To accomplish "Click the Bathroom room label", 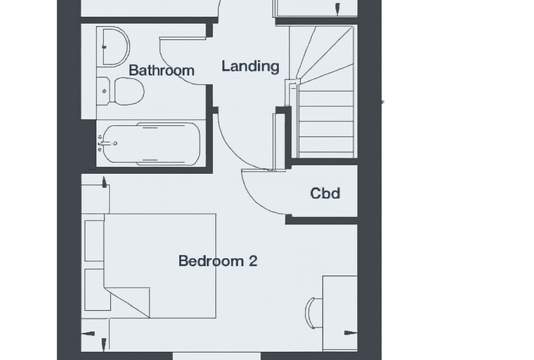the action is [x=162, y=70].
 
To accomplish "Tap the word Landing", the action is [x=250, y=67].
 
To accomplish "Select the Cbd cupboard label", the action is [x=325, y=193].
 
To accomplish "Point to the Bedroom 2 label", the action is [x=218, y=261].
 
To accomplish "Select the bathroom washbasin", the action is [x=116, y=46].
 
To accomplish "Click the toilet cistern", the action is [x=103, y=91].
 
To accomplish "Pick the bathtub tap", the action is [x=108, y=143].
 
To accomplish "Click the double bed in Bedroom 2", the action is [x=160, y=266].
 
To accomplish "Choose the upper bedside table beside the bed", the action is [x=94, y=240].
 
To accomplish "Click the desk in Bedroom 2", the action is [x=339, y=314].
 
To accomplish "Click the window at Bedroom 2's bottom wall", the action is [x=216, y=356].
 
